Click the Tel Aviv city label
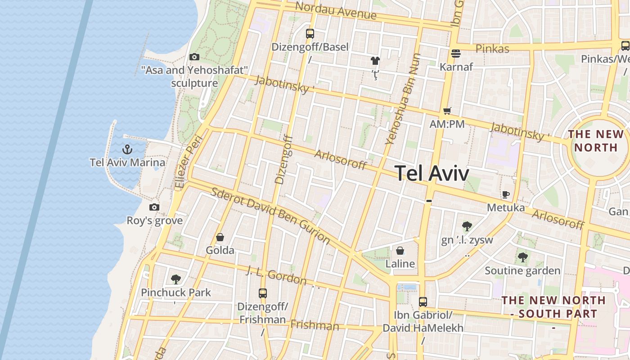(432, 173)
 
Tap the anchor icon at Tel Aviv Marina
(127, 149)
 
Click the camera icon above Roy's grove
(154, 207)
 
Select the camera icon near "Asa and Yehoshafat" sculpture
(194, 57)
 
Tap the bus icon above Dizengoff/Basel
(310, 33)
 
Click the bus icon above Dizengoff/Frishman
(263, 293)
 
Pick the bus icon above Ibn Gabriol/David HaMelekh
(423, 301)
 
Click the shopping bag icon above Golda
(220, 237)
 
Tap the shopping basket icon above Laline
(400, 250)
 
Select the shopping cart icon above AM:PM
(447, 111)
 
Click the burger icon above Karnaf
(456, 54)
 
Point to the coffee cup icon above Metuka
(506, 194)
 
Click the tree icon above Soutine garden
(522, 257)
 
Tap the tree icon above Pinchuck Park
(176, 279)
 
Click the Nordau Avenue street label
(336, 10)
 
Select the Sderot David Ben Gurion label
(270, 216)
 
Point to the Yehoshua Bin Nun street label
(403, 99)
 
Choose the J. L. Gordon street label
(276, 275)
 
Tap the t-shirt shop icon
(375, 60)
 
